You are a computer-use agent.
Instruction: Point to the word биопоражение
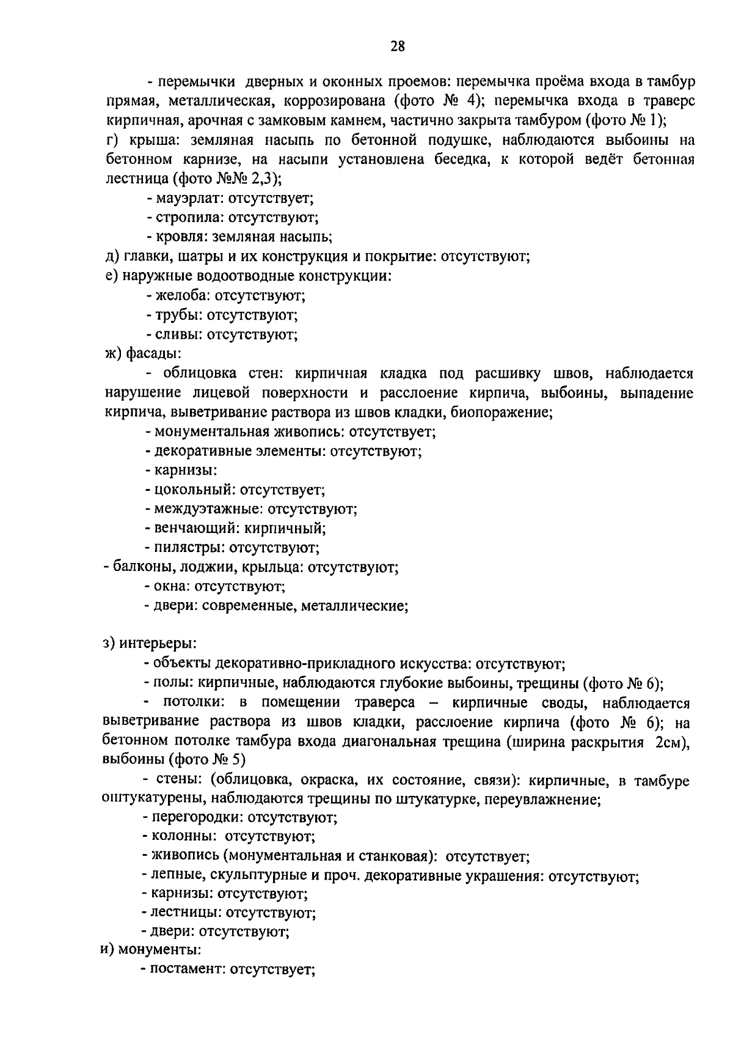[x=501, y=413]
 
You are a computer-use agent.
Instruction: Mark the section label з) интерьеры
[x=149, y=644]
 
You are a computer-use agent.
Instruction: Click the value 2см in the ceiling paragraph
[x=672, y=741]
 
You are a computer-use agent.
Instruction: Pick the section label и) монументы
[x=150, y=951]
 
